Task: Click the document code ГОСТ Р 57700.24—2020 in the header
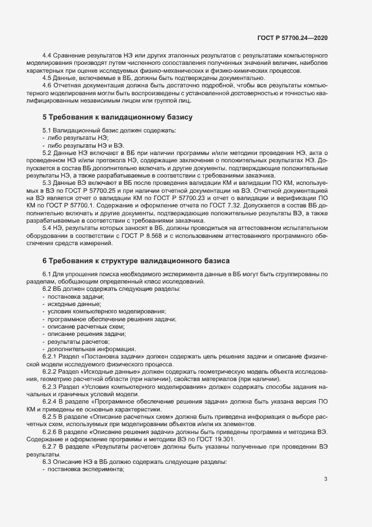click(x=292, y=37)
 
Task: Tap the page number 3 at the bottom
click(x=325, y=479)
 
